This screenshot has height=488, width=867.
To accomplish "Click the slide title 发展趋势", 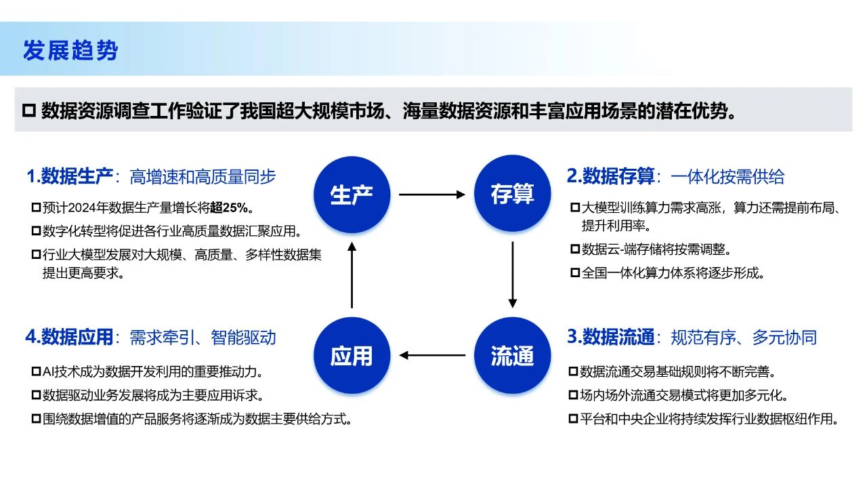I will [x=70, y=50].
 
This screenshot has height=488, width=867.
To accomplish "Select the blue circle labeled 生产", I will [x=352, y=194].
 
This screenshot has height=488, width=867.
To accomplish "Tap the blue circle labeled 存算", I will [x=512, y=194].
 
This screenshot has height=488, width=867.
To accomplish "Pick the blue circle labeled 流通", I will [x=512, y=355].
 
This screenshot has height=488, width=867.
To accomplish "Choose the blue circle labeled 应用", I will [x=352, y=355].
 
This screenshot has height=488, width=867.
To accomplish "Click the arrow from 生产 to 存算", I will [x=432, y=195].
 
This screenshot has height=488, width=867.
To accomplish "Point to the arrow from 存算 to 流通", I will [x=513, y=274].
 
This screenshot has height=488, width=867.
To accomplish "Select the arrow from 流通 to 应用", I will [x=432, y=354].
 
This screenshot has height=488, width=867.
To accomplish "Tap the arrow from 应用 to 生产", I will [x=352, y=274].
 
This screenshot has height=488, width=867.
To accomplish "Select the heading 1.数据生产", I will [x=69, y=176].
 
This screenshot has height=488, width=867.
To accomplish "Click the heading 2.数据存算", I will [x=611, y=176].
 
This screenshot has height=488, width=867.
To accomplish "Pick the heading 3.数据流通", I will [x=611, y=337].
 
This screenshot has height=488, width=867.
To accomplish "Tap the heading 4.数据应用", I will [x=69, y=337].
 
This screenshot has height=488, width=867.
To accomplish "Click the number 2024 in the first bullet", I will [x=85, y=207].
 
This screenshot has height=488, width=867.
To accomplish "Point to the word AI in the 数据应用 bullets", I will [x=49, y=371].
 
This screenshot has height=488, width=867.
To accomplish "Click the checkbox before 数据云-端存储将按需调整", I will [x=575, y=249].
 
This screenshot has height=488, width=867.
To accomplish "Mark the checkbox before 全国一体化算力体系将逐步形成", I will [x=575, y=273].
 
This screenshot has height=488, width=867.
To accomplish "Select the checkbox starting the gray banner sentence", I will [x=29, y=110].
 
